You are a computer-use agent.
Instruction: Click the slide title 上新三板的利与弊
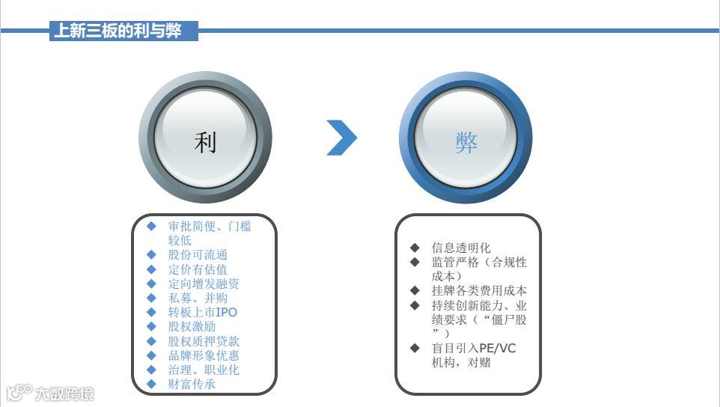(124, 31)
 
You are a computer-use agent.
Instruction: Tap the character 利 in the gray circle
(205, 141)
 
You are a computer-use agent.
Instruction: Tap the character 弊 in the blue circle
(466, 142)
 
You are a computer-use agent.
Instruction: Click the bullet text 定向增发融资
(204, 284)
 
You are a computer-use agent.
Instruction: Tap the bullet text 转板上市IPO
(202, 312)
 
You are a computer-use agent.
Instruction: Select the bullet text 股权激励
(192, 326)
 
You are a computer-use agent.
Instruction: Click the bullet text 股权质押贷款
(204, 341)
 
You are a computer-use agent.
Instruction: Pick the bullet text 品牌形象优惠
(204, 355)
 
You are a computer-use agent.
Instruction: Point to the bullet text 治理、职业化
(204, 370)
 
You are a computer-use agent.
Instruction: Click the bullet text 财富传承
(192, 385)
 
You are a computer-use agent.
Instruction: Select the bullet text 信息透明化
(461, 248)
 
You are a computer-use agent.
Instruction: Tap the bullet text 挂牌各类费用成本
(479, 291)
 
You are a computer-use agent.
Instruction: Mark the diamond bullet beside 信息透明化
(415, 248)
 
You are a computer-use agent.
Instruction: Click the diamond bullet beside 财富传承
(152, 385)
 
